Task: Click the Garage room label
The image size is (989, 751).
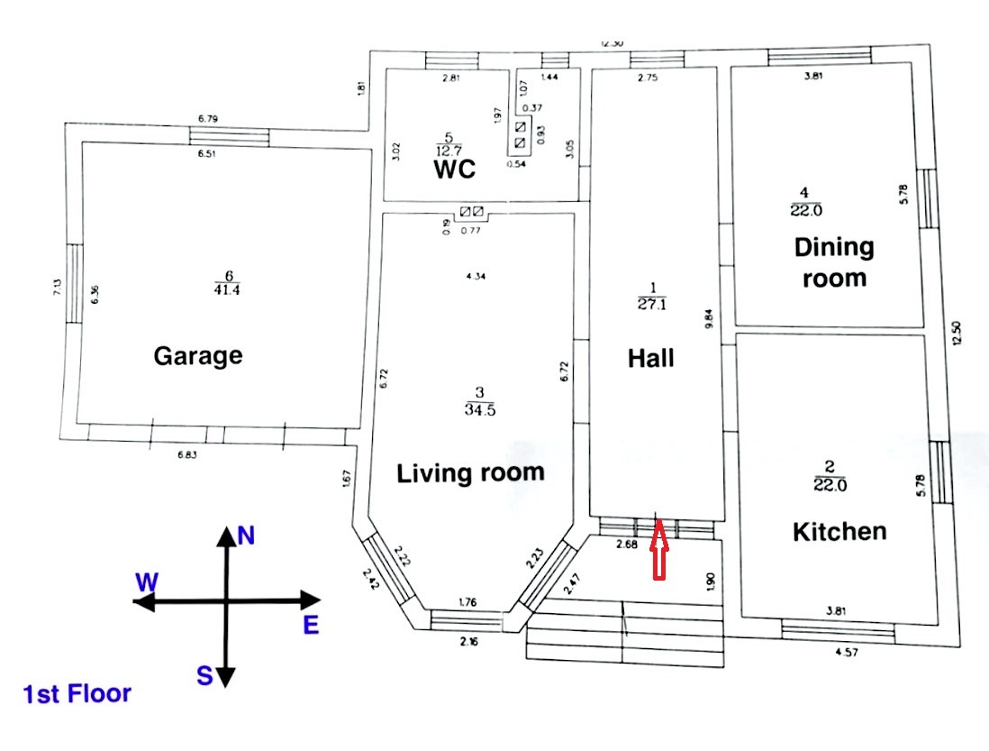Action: (198, 354)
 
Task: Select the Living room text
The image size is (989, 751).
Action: (471, 472)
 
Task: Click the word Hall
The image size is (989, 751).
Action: (650, 358)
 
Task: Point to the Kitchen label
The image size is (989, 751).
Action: (839, 531)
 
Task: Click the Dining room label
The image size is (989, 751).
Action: (834, 261)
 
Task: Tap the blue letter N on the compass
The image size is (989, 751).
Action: (246, 537)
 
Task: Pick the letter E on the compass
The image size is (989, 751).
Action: (311, 625)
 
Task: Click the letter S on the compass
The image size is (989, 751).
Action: (205, 675)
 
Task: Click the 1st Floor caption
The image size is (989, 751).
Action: (77, 694)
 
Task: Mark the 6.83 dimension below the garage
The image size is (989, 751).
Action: (187, 454)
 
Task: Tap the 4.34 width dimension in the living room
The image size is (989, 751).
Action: (476, 276)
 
